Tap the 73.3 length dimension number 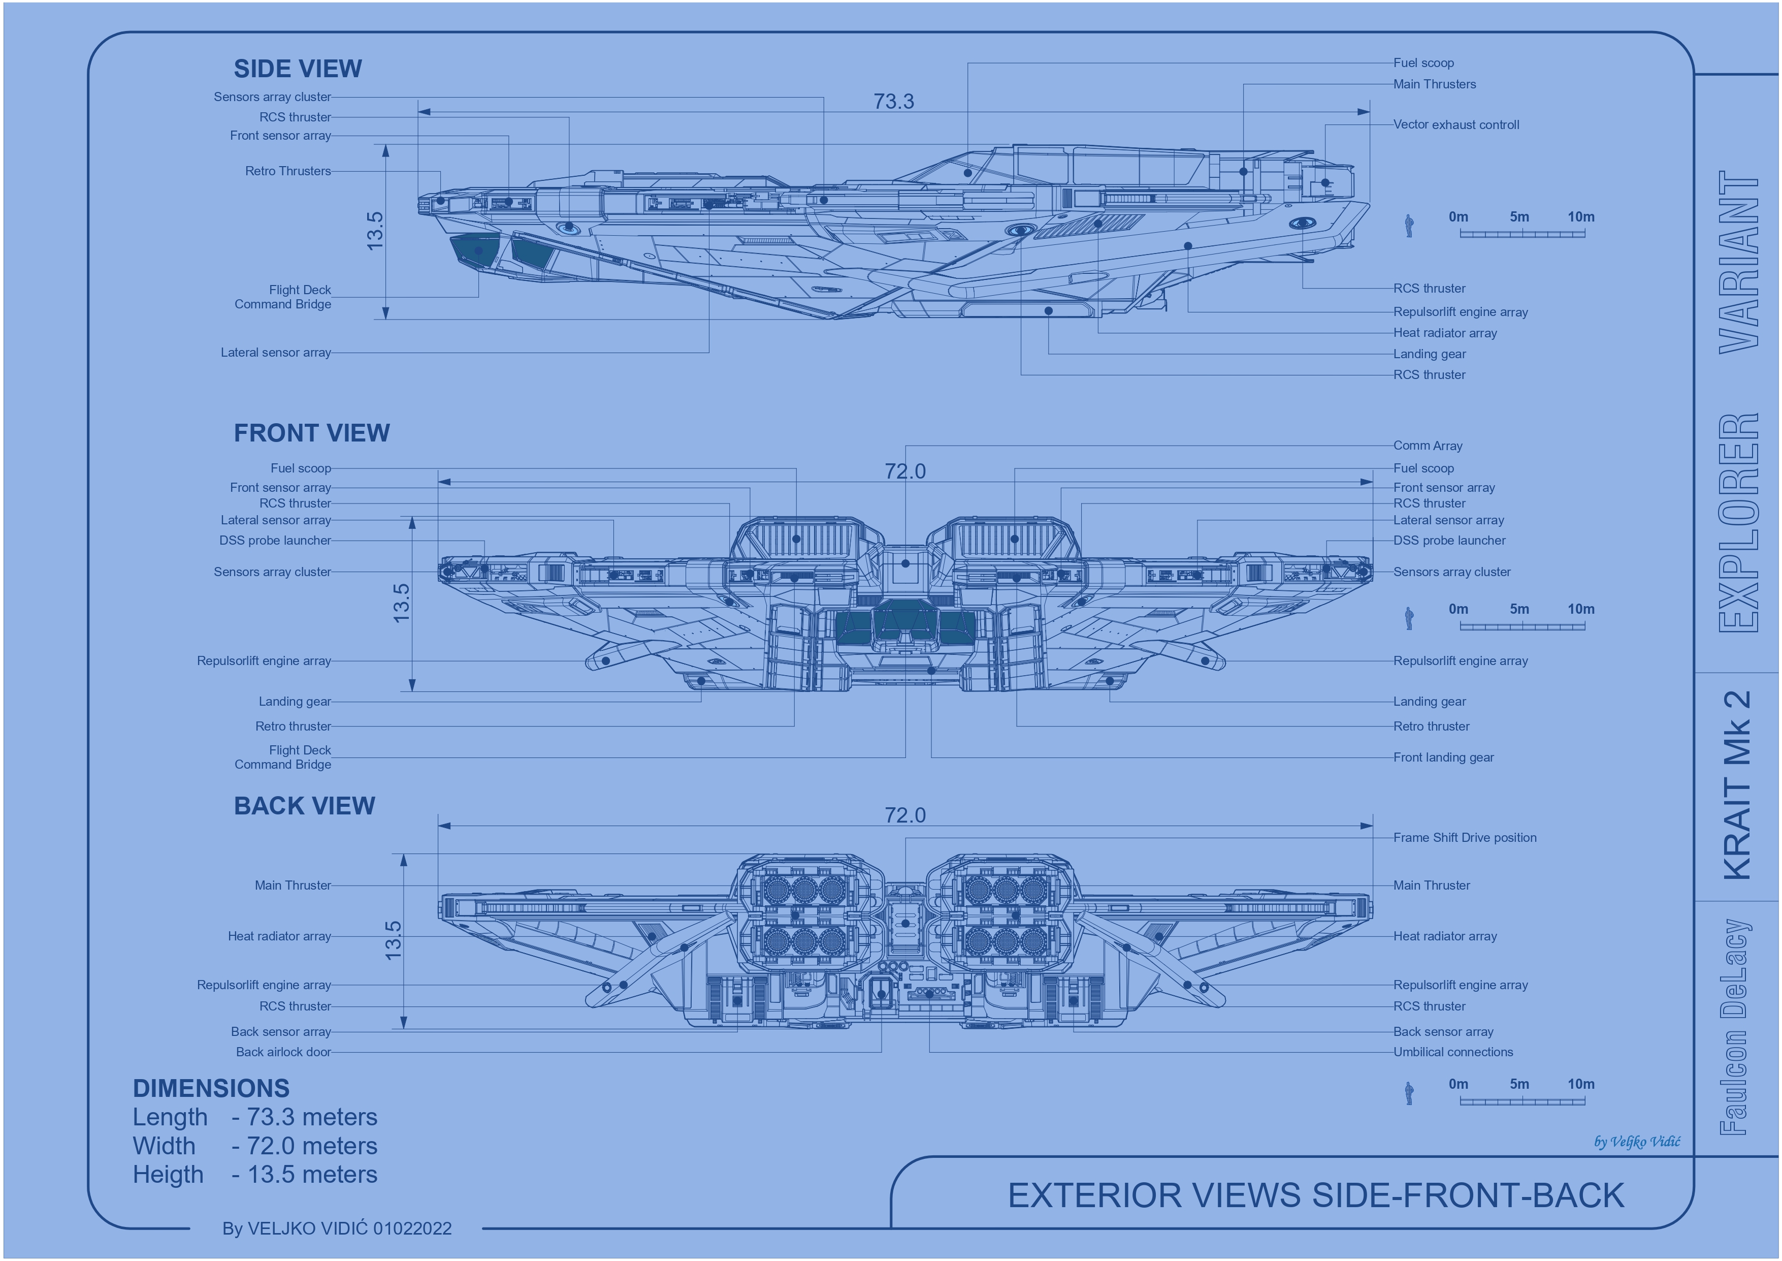coord(894,102)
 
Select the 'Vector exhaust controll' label coord(1456,125)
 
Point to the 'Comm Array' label coord(1428,446)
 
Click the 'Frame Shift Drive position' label coord(1465,838)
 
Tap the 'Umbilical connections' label coord(1453,1052)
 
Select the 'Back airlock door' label coord(283,1052)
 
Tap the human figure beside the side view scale coord(1409,226)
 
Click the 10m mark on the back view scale coord(1581,1085)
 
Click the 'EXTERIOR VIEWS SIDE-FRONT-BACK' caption coord(1316,1196)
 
